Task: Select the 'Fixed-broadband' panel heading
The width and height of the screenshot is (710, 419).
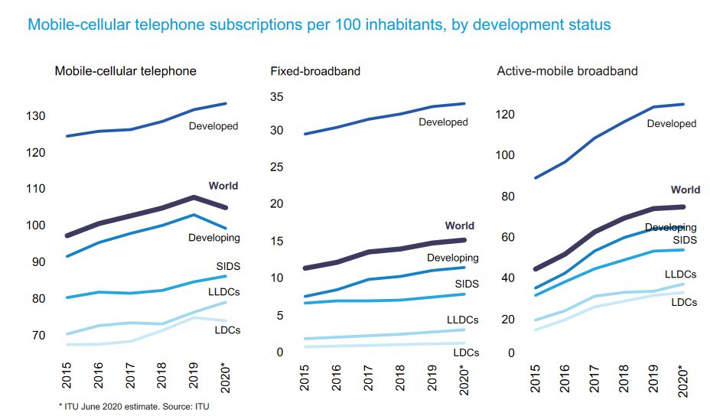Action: coord(315,71)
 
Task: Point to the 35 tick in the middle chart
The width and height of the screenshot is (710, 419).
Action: coord(276,97)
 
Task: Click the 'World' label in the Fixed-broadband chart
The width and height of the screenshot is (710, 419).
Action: coord(459,226)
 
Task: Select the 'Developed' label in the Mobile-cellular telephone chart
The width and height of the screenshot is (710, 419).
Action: coord(213,126)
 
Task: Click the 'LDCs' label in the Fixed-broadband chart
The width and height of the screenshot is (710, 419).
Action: coord(466,352)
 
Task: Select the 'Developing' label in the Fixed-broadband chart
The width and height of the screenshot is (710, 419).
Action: coord(452,258)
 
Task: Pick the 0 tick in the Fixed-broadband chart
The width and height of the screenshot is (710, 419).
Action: coord(280,352)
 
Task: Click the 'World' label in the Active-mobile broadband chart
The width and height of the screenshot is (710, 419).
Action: coord(685,190)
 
